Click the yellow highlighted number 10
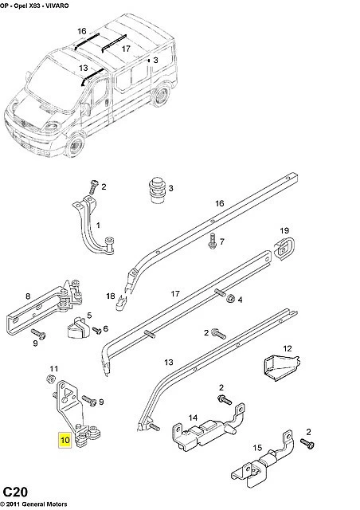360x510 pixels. pyautogui.click(x=65, y=440)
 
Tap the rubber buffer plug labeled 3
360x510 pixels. pyautogui.click(x=157, y=190)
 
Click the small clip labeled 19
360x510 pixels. pyautogui.click(x=284, y=249)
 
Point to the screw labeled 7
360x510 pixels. pyautogui.click(x=213, y=241)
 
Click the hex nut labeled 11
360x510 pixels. pyautogui.click(x=50, y=379)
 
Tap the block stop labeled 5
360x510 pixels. pyautogui.click(x=78, y=328)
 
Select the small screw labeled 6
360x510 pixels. pyautogui.click(x=97, y=331)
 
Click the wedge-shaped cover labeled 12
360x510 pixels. pyautogui.click(x=280, y=368)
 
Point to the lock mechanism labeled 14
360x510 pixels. pyautogui.click(x=208, y=429)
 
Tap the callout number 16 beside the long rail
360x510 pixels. pyautogui.click(x=220, y=203)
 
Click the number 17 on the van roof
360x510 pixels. pyautogui.click(x=126, y=49)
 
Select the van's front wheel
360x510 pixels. pyautogui.click(x=76, y=145)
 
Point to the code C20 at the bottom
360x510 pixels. pyautogui.click(x=15, y=492)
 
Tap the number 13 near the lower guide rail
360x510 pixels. pyautogui.click(x=169, y=362)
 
